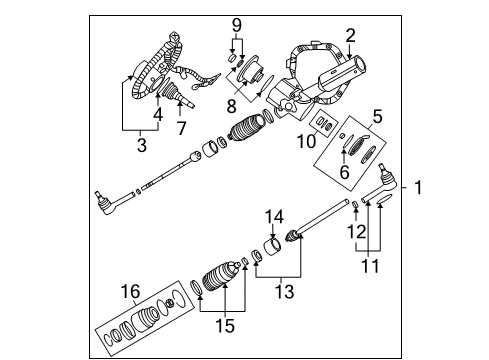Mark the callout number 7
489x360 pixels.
181,129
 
